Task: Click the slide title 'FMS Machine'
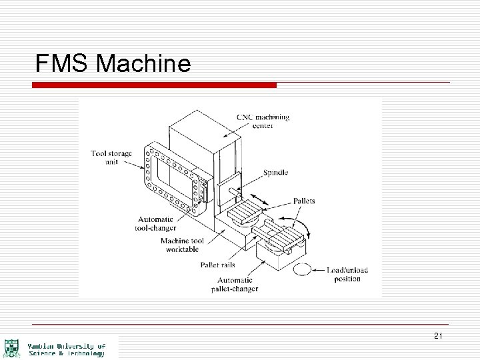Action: point(113,63)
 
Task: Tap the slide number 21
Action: point(437,335)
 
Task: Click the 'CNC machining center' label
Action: point(263,121)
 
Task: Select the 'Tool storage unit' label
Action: point(111,157)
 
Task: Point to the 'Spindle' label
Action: point(276,172)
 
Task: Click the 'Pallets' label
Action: point(303,201)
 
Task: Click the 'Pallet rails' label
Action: point(217,265)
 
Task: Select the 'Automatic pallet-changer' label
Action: point(231,285)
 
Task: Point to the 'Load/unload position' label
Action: point(347,274)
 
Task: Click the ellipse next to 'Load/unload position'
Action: point(301,270)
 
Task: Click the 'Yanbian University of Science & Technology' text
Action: point(67,350)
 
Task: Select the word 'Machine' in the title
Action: point(143,63)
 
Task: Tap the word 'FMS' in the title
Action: point(63,63)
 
